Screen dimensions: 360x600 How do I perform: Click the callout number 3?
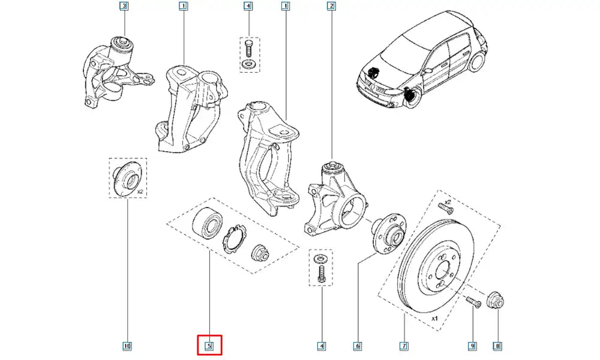(x=124, y=7)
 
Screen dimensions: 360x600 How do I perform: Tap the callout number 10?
(x=127, y=346)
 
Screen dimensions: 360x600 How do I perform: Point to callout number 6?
(x=358, y=346)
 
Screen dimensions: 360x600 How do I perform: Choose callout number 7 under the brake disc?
(x=404, y=346)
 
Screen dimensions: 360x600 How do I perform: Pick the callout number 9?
(x=472, y=346)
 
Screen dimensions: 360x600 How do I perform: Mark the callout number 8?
(x=497, y=346)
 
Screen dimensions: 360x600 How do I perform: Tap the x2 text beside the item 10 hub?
(x=140, y=191)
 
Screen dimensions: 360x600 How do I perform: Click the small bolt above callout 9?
(x=472, y=302)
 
